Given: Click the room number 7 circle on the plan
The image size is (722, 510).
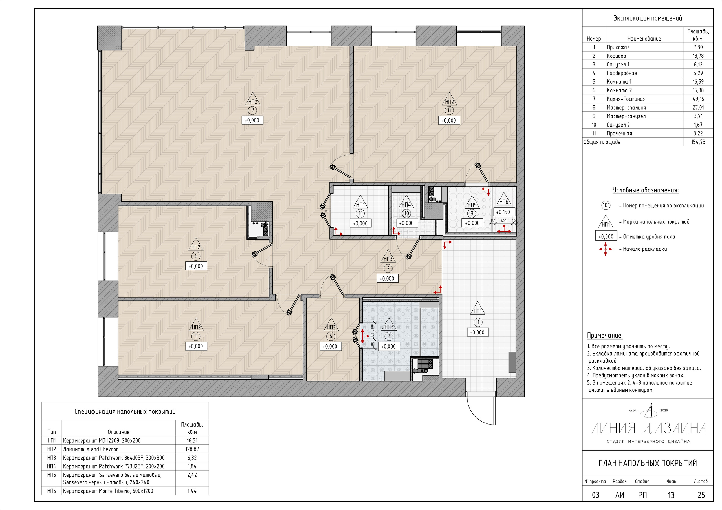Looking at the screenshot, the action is pyautogui.click(x=252, y=110).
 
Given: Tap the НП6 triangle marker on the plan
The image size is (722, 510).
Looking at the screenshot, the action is pyautogui.click(x=503, y=199).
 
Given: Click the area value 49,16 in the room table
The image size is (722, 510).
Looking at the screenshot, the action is pyautogui.click(x=698, y=99).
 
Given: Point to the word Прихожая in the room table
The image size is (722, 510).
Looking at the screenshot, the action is pyautogui.click(x=618, y=47).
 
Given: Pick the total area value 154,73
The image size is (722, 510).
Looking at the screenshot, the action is pyautogui.click(x=698, y=142).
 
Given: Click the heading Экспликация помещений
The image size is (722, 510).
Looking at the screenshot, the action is pyautogui.click(x=648, y=18).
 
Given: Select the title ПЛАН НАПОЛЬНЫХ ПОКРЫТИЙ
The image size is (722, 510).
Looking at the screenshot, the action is pyautogui.click(x=648, y=463).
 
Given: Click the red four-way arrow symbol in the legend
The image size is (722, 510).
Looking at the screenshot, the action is pyautogui.click(x=605, y=249).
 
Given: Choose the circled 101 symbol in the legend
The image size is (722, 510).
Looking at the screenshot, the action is pyautogui.click(x=606, y=205).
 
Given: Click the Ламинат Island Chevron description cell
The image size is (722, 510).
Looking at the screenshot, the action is pyautogui.click(x=91, y=449).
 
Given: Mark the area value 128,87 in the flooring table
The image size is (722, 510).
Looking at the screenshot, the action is pyautogui.click(x=192, y=449).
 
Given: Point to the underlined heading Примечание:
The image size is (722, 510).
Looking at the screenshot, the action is pyautogui.click(x=605, y=336).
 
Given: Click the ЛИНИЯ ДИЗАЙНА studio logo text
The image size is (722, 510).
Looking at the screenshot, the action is pyautogui.click(x=648, y=428).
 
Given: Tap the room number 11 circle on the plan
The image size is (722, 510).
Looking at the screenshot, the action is pyautogui.click(x=360, y=214).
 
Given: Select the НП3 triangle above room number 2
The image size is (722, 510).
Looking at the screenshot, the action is pyautogui.click(x=388, y=257).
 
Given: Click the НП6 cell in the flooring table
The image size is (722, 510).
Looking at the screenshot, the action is pyautogui.click(x=52, y=491).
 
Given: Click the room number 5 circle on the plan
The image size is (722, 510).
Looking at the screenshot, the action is pyautogui.click(x=196, y=336).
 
